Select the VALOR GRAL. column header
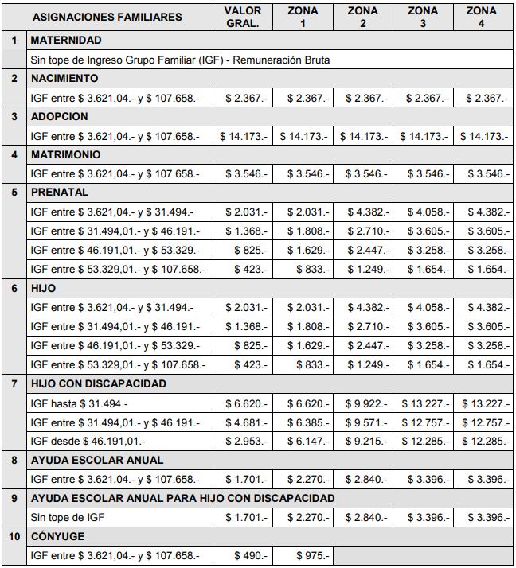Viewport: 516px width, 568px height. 243,17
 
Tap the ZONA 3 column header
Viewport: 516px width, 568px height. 422,17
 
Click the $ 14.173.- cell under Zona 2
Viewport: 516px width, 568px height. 364,136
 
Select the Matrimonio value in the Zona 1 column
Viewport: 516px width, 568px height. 304,174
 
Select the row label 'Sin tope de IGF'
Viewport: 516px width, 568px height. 67,517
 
